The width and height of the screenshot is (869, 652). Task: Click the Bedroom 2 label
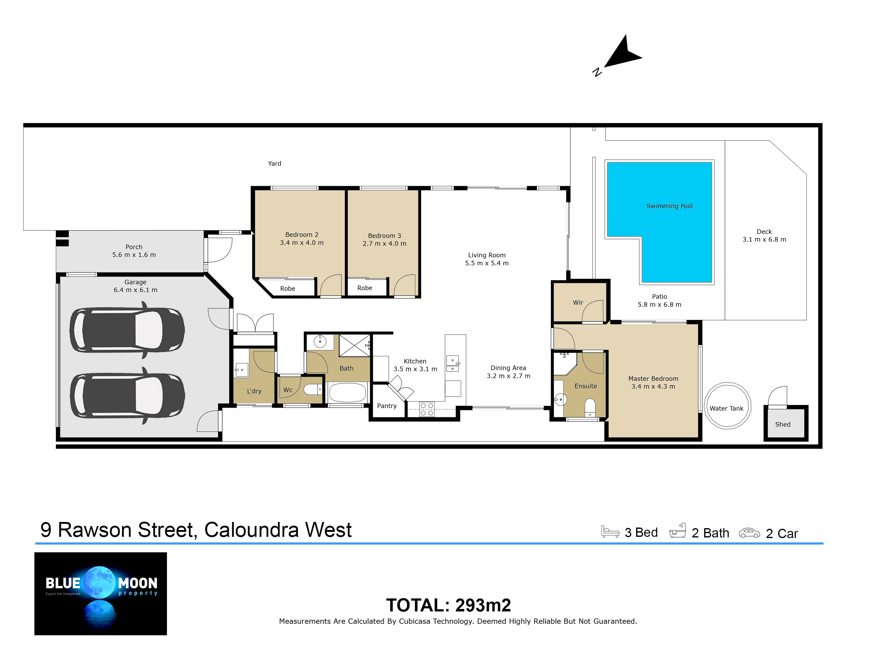[x=302, y=235]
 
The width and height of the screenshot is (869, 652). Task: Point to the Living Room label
[x=487, y=255]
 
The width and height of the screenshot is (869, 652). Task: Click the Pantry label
[x=387, y=406]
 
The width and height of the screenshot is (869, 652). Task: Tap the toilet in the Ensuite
[x=590, y=407]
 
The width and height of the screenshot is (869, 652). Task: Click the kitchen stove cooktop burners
[x=427, y=409]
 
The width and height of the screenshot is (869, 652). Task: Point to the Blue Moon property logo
[x=101, y=594]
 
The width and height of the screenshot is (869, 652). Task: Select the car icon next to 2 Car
[x=750, y=533]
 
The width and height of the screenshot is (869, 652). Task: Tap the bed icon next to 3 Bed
[x=610, y=531]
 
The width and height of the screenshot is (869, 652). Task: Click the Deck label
[x=764, y=232]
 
